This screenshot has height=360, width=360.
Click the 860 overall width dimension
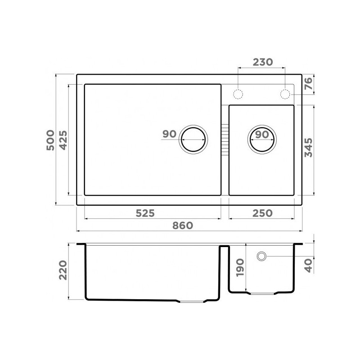click(x=183, y=226)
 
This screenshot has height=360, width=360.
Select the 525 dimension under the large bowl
click(x=145, y=213)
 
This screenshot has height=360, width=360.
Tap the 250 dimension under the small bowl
click(x=262, y=213)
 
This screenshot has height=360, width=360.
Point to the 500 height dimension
click(x=50, y=140)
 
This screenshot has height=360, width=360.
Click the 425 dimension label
click(x=63, y=140)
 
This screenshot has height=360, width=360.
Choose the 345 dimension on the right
click(x=308, y=148)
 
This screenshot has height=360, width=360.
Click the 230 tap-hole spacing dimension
click(x=263, y=62)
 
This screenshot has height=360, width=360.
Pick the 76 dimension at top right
click(x=308, y=84)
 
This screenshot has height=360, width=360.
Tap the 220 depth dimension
click(x=63, y=270)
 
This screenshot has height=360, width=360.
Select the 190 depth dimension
click(x=240, y=267)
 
